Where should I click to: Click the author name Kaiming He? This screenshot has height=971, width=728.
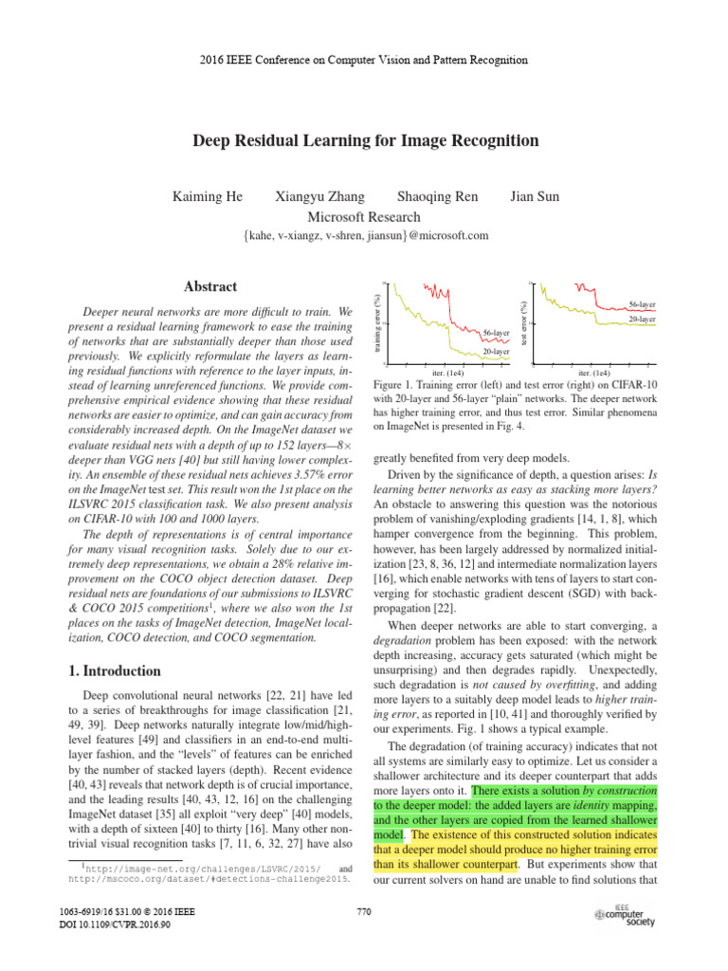(208, 197)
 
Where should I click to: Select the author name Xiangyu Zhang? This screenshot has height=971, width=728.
(318, 197)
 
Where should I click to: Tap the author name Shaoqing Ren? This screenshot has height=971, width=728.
(437, 197)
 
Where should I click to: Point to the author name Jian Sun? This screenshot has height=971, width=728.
(535, 197)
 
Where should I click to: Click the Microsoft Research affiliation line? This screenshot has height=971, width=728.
(364, 216)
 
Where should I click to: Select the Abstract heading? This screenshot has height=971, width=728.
(210, 286)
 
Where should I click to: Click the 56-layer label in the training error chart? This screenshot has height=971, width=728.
(496, 334)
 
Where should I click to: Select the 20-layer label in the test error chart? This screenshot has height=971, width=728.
(642, 320)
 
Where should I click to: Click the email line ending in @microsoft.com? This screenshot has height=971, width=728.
(364, 235)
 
